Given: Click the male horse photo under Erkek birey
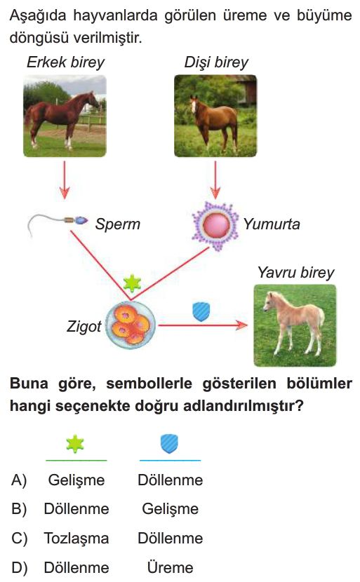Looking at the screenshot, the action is click(x=65, y=116).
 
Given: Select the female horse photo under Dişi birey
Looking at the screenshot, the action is click(x=215, y=116).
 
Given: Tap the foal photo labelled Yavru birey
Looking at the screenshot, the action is click(x=295, y=325).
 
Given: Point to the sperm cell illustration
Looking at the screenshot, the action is click(x=58, y=224).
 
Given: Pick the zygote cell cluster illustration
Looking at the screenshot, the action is click(x=131, y=325).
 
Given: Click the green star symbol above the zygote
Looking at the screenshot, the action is click(x=132, y=283).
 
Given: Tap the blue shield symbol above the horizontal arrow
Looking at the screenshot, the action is click(x=201, y=311).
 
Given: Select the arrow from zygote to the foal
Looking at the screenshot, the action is click(x=203, y=325).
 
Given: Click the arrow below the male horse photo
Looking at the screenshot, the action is click(x=65, y=180).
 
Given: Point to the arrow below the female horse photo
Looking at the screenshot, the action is click(x=215, y=180).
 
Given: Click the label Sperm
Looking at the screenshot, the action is click(x=117, y=224).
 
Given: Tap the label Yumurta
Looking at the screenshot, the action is click(x=271, y=224).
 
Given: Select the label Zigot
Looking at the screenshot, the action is click(x=84, y=327).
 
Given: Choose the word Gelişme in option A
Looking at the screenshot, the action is click(x=76, y=480).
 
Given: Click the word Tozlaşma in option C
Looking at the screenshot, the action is click(x=76, y=539).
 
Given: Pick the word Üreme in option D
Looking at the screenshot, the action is click(x=170, y=568).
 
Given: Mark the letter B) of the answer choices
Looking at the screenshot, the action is click(x=19, y=509).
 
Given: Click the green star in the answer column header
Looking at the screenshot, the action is click(x=75, y=444).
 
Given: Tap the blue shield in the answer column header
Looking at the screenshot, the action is click(x=169, y=444).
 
